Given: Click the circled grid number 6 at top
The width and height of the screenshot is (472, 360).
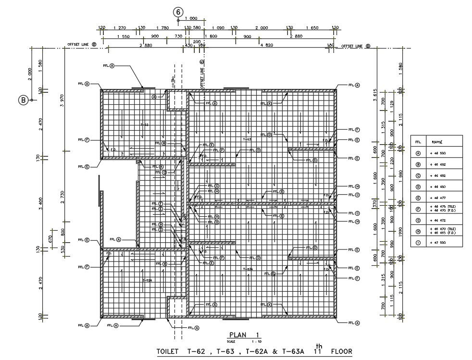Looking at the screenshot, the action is (178, 11).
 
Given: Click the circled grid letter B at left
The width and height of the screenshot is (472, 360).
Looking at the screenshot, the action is (23, 100).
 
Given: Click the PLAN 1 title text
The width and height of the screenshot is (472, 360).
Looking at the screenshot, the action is (244, 335).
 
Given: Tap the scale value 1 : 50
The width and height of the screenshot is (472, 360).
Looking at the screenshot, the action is (253, 341).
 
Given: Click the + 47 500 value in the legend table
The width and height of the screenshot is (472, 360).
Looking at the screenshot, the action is (437, 243).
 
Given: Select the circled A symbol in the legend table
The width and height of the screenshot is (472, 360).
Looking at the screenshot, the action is (418, 153).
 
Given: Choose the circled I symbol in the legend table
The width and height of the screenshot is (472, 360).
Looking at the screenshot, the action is (418, 243).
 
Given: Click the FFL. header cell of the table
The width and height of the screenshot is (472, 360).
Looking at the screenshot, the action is (418, 142).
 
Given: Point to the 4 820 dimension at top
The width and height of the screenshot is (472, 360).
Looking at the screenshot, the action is (266, 45).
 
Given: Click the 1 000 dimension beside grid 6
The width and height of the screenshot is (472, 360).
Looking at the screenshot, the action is (191, 18).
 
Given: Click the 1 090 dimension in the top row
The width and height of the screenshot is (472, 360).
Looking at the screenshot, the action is (218, 28).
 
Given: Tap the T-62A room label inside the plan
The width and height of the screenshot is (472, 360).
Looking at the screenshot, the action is (147, 280).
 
